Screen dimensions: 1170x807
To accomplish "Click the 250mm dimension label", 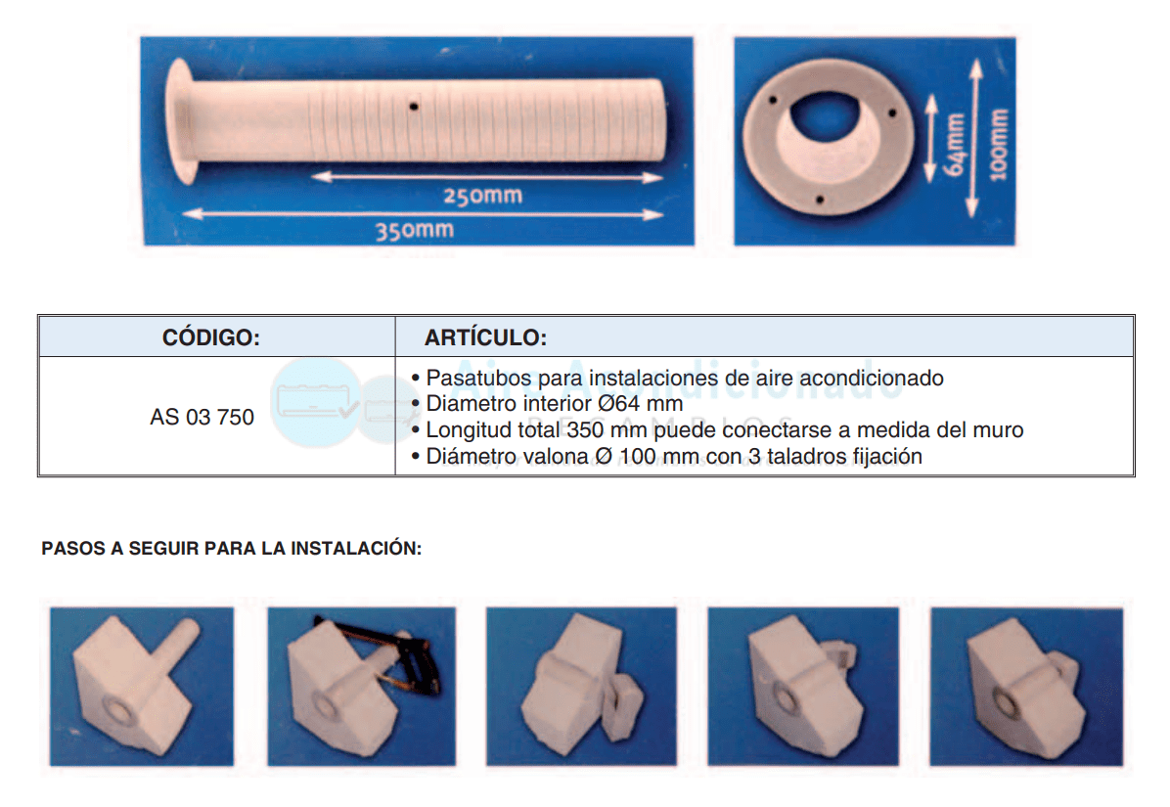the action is (483, 197).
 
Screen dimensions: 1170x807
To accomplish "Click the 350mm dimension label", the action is (415, 230).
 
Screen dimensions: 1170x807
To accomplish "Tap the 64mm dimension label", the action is (955, 144).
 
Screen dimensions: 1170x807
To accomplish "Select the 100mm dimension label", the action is (998, 145).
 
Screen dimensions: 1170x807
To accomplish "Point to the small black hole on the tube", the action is (414, 107).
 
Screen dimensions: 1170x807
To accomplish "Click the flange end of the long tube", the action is (181, 121).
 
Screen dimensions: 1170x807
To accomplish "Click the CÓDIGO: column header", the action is (211, 337).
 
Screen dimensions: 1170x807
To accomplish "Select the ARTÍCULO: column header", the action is (486, 337).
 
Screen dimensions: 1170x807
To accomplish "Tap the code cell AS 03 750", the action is (202, 417).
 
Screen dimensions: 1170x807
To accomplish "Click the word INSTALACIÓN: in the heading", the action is (356, 548).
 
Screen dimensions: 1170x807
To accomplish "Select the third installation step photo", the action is (581, 686).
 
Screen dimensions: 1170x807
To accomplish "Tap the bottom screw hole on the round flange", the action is (820, 200).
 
